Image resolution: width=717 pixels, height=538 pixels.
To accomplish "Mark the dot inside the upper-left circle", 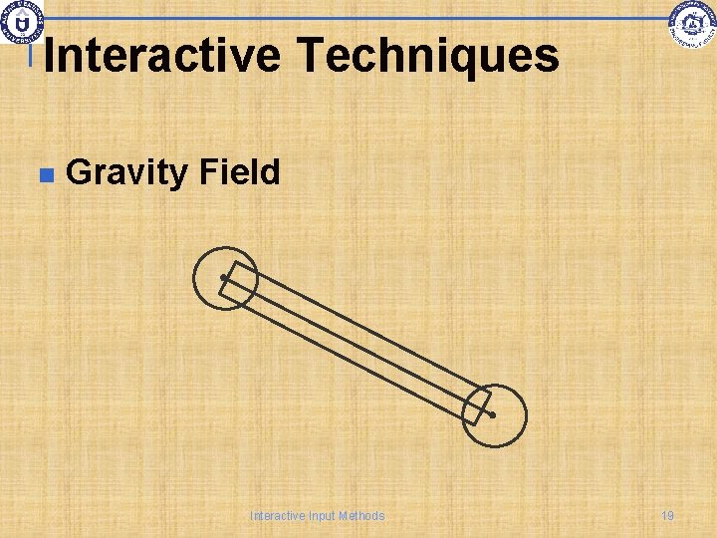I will click(223, 278).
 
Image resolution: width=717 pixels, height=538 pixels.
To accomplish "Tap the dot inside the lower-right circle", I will click(492, 413).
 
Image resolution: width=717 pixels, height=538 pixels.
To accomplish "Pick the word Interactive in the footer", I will click(279, 516).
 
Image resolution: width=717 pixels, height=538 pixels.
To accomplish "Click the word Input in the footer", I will click(323, 516).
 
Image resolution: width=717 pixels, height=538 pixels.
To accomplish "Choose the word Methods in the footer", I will click(361, 516).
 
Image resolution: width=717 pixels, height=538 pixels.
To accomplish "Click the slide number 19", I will click(667, 516).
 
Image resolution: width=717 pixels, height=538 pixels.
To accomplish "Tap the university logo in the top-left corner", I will click(20, 20).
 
